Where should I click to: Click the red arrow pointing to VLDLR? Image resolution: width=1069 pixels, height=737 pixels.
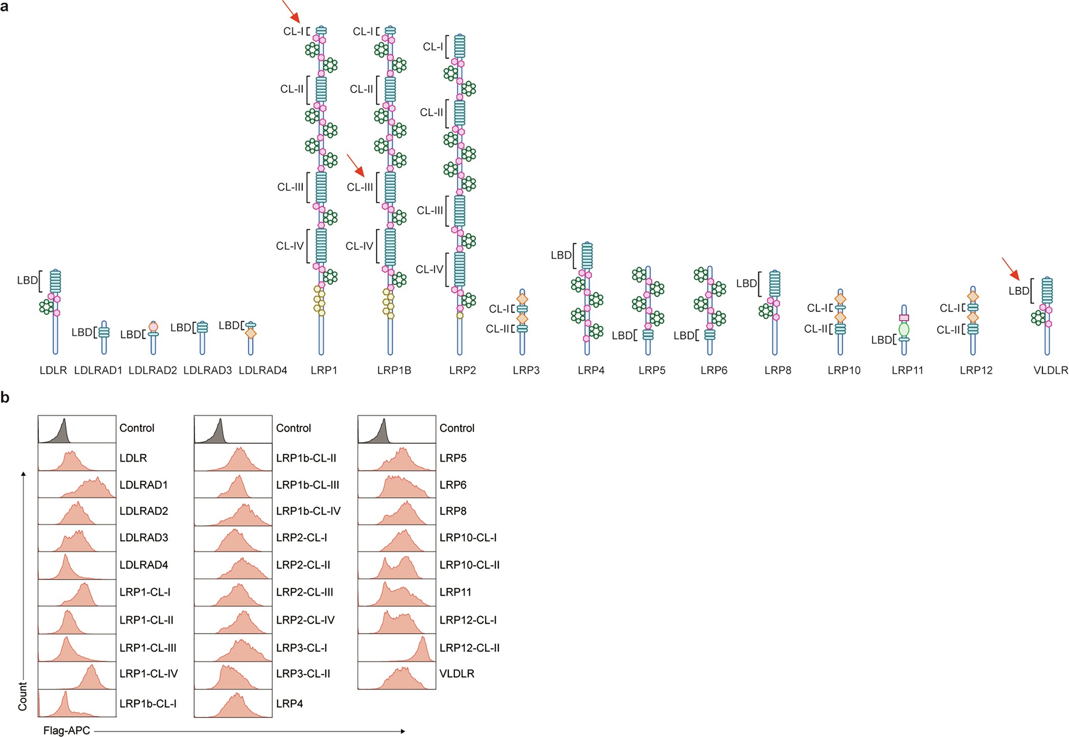(x=1011, y=269)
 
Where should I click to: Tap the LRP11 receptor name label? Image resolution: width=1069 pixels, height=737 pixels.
(x=907, y=370)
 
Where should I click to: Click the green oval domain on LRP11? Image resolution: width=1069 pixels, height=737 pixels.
(x=904, y=329)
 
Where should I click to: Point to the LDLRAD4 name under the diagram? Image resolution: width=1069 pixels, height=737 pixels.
(x=263, y=370)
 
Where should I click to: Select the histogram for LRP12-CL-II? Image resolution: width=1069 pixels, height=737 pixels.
(x=397, y=648)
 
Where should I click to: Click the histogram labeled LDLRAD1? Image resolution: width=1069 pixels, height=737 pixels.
(x=77, y=485)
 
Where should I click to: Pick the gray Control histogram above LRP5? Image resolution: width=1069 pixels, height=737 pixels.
(x=397, y=429)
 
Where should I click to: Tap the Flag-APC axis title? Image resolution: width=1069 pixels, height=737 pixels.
(x=66, y=730)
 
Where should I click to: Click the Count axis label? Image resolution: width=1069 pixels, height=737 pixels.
(x=22, y=696)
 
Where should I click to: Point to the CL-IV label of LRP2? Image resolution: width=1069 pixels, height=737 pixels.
(x=429, y=269)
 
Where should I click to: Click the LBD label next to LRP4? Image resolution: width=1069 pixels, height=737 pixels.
(x=561, y=255)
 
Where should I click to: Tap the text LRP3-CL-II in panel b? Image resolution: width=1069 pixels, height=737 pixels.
(x=303, y=674)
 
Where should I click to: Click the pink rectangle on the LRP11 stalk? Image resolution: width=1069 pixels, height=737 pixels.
(x=904, y=318)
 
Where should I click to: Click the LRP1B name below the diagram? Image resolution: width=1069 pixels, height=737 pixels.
(x=394, y=370)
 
